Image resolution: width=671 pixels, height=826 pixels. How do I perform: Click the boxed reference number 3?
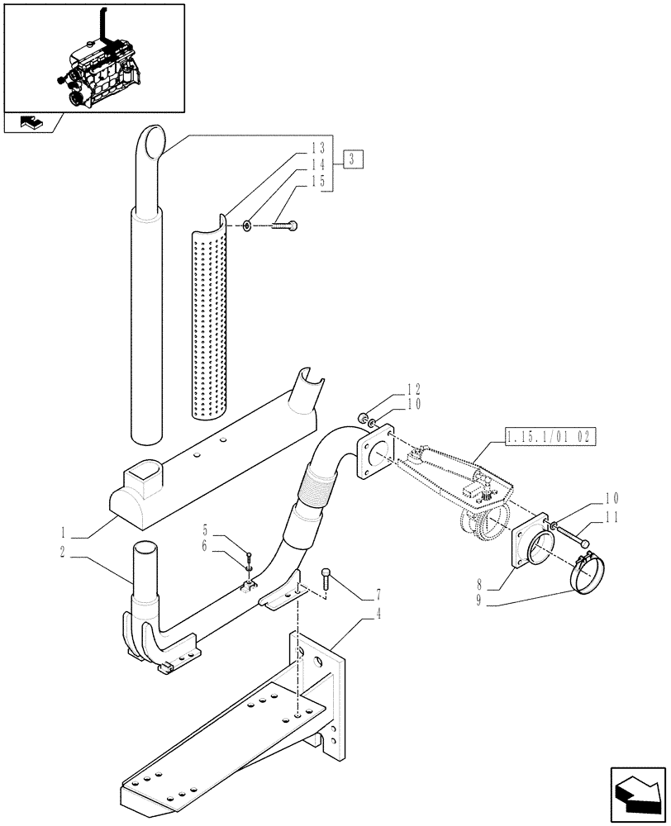(352, 159)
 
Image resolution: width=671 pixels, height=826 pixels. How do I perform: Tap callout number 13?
(318, 148)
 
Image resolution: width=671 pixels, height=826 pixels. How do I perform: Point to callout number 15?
(318, 179)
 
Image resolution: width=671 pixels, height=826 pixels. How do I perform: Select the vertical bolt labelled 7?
(326, 580)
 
